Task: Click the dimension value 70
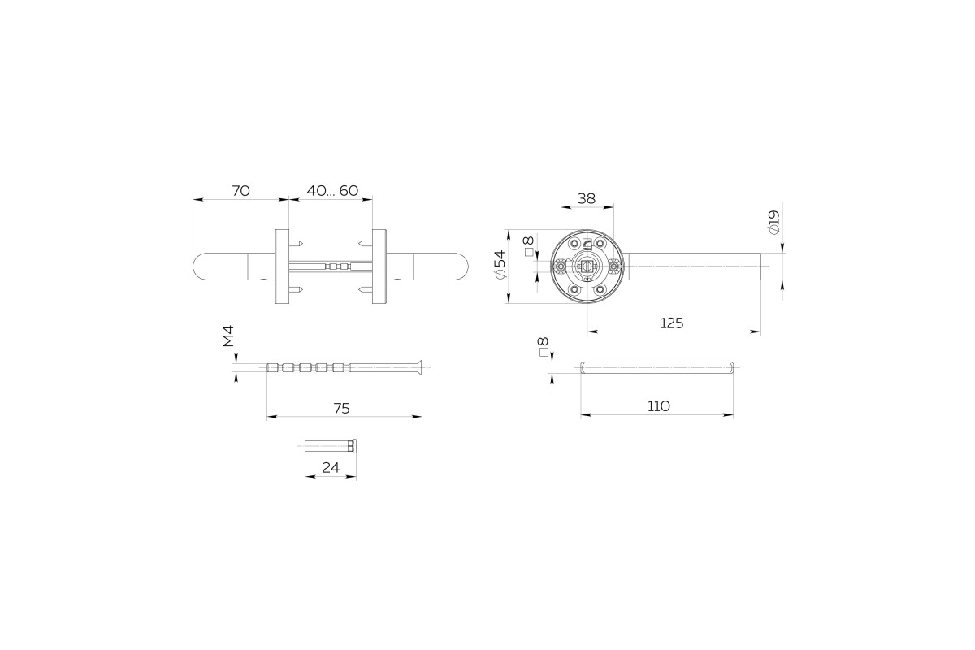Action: click(240, 191)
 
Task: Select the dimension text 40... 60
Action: click(332, 191)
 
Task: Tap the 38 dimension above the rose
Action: click(587, 198)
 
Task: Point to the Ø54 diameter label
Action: click(500, 264)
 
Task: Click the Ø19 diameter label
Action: click(774, 223)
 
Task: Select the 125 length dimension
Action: click(672, 323)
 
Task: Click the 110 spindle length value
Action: click(659, 406)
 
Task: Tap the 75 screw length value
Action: click(342, 409)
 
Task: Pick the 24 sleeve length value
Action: click(331, 467)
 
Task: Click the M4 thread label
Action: click(228, 336)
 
